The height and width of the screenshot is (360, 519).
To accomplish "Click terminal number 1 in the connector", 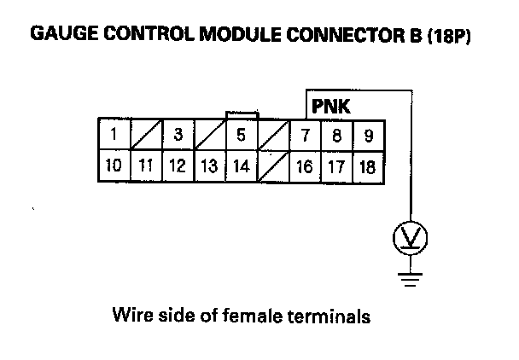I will click(114, 134).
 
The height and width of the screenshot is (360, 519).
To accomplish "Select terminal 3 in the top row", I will click(178, 134).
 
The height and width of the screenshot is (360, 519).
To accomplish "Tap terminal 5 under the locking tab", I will click(242, 134).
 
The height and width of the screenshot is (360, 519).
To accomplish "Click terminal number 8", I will click(337, 135).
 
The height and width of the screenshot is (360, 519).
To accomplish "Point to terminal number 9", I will click(368, 135).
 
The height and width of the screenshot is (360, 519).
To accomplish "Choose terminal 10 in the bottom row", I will click(114, 165).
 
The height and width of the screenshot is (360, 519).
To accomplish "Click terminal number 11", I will click(146, 165).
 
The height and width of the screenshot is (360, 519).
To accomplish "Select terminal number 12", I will click(178, 165).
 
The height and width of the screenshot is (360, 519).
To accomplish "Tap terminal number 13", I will click(209, 165).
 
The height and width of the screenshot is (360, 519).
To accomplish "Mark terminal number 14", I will click(242, 165).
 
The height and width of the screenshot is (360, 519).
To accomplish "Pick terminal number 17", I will click(337, 166).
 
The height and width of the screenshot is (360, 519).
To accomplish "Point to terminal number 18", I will click(368, 166).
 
